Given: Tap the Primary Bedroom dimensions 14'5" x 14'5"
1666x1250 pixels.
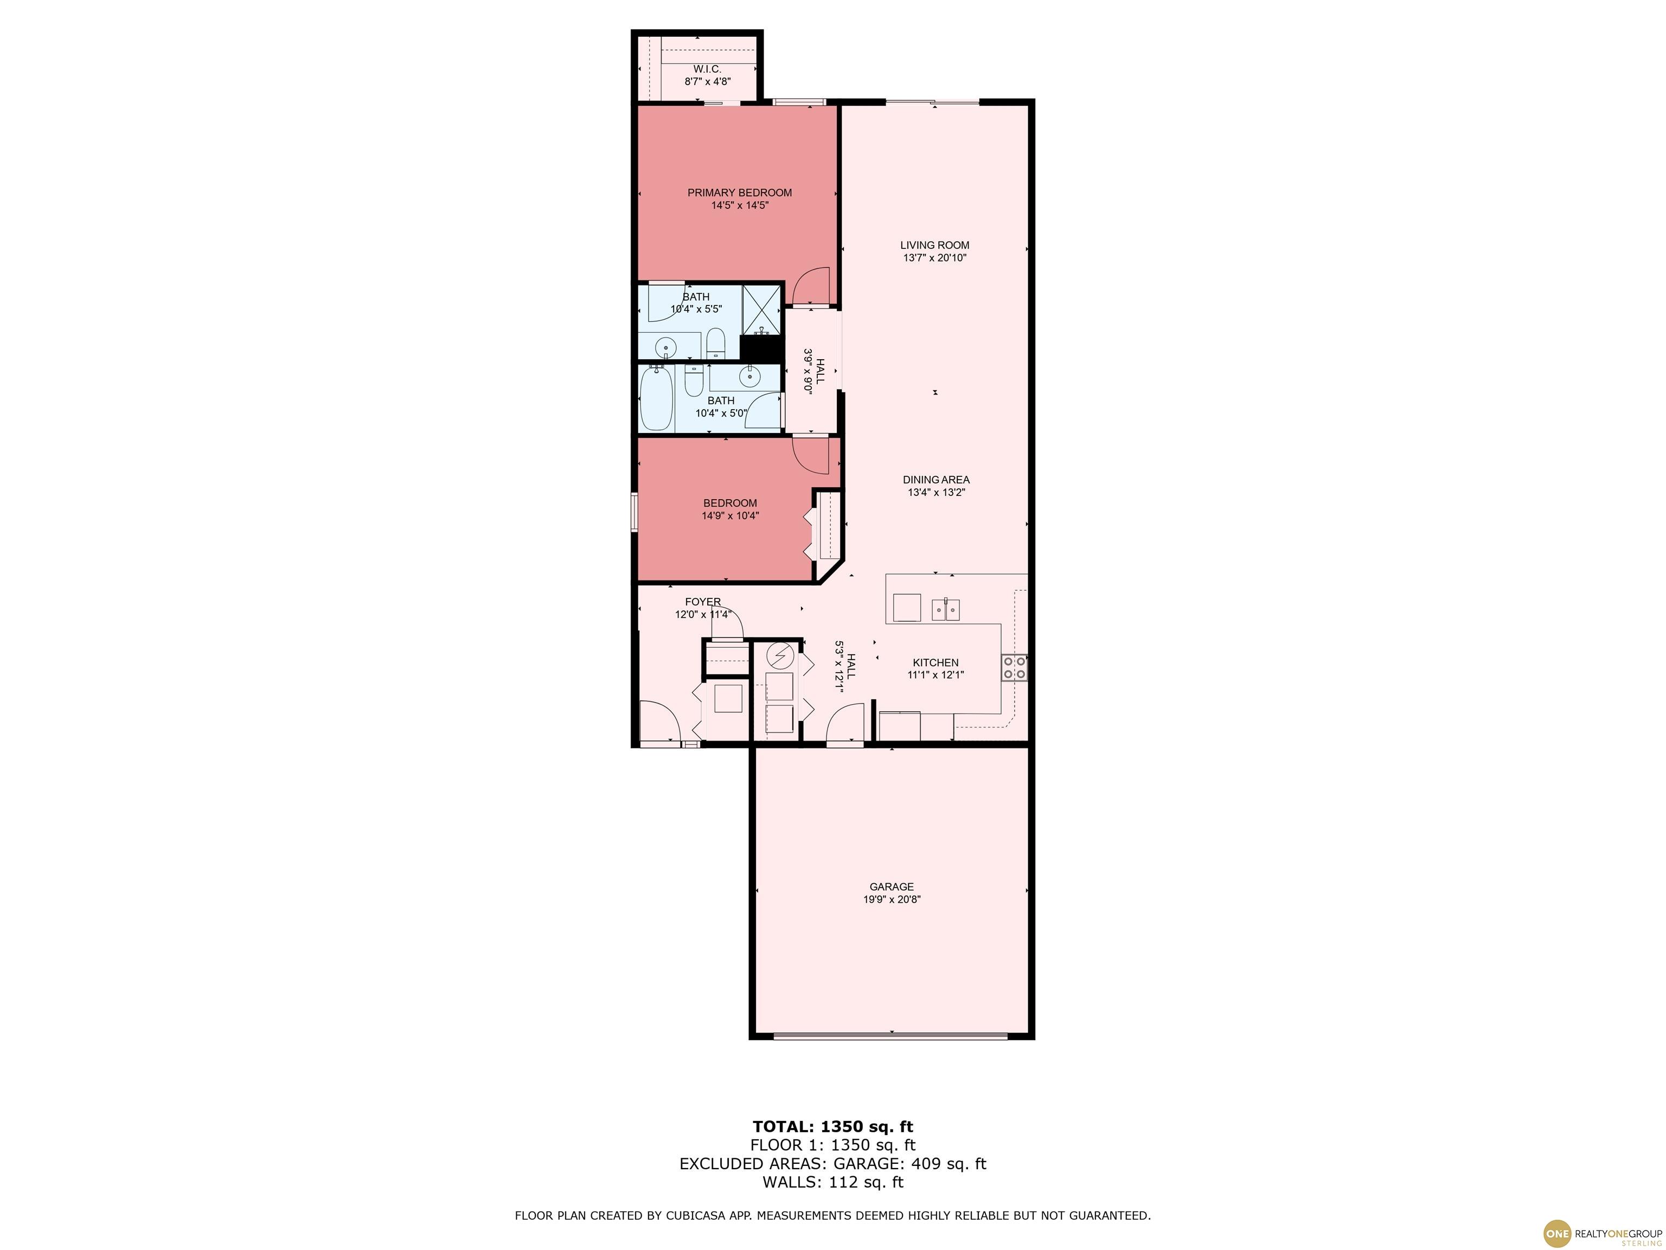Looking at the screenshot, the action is coord(740,205).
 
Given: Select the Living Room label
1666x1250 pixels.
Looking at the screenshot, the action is coord(934,245).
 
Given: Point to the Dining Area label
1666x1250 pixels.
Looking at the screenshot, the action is coord(936,480).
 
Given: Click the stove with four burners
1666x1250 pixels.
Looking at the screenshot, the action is coord(1014,667).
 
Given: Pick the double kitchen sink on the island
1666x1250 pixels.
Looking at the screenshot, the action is coord(946,609).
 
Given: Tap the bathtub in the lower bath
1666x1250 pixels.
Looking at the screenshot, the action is coord(657,399).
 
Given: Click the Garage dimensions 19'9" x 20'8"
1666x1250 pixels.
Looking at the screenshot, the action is coord(892,900).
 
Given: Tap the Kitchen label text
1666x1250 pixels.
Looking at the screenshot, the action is coord(935,663).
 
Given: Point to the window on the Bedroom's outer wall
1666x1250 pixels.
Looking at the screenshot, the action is coord(634,512).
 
